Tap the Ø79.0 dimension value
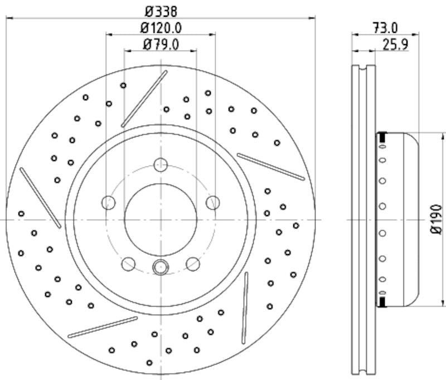tap(160, 45)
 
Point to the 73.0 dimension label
tap(384, 26)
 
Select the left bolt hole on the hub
tap(109, 202)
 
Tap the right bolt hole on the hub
tap(212, 202)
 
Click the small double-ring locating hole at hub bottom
tap(161, 267)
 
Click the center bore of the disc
tap(161, 219)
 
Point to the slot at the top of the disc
tap(144, 99)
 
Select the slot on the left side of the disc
tap(40, 197)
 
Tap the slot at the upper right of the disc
tap(271, 166)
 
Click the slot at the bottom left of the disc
tap(103, 327)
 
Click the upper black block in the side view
tap(383, 137)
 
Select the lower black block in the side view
tap(383, 301)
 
